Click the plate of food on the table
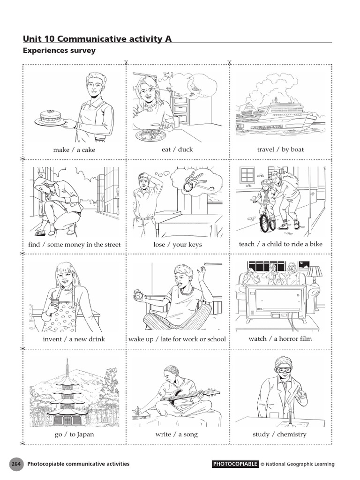pyautogui.click(x=150, y=135)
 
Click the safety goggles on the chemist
pyautogui.click(x=284, y=370)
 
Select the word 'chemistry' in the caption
pyautogui.click(x=291, y=435)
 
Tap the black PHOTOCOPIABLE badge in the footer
pyautogui.click(x=235, y=464)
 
